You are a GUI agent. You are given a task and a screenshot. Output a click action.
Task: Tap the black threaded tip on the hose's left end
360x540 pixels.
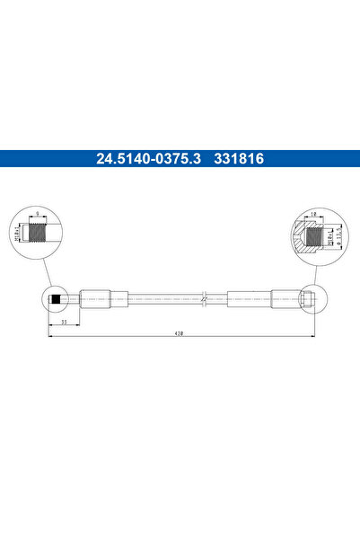(56, 298)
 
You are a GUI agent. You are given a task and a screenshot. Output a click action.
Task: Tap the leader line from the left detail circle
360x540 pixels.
(45, 272)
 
